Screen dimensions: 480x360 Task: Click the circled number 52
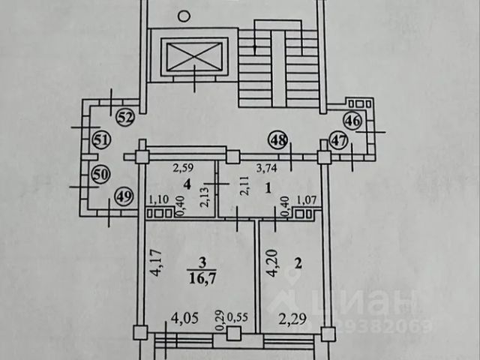pos(125,117)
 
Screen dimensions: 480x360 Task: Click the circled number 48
pos(278,139)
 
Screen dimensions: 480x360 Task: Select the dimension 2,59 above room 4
pos(184,167)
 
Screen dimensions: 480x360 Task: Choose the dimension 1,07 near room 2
pos(307,199)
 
